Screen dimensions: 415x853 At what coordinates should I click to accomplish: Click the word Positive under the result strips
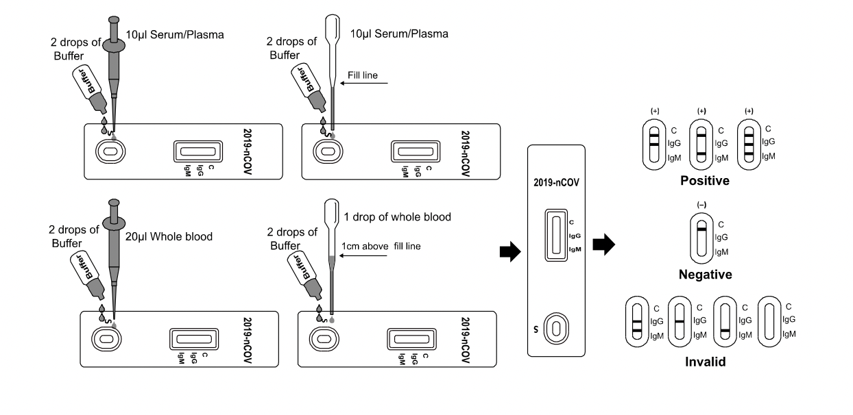(x=704, y=181)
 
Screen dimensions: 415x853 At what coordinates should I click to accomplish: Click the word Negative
(x=704, y=275)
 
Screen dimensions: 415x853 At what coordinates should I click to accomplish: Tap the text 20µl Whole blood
(x=169, y=237)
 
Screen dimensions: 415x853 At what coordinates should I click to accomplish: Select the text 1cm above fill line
(x=381, y=246)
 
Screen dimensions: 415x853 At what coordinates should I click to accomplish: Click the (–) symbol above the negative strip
(x=701, y=205)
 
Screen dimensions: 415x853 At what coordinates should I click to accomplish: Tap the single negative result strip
(x=701, y=236)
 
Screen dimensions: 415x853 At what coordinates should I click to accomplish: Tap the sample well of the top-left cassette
(x=107, y=150)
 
